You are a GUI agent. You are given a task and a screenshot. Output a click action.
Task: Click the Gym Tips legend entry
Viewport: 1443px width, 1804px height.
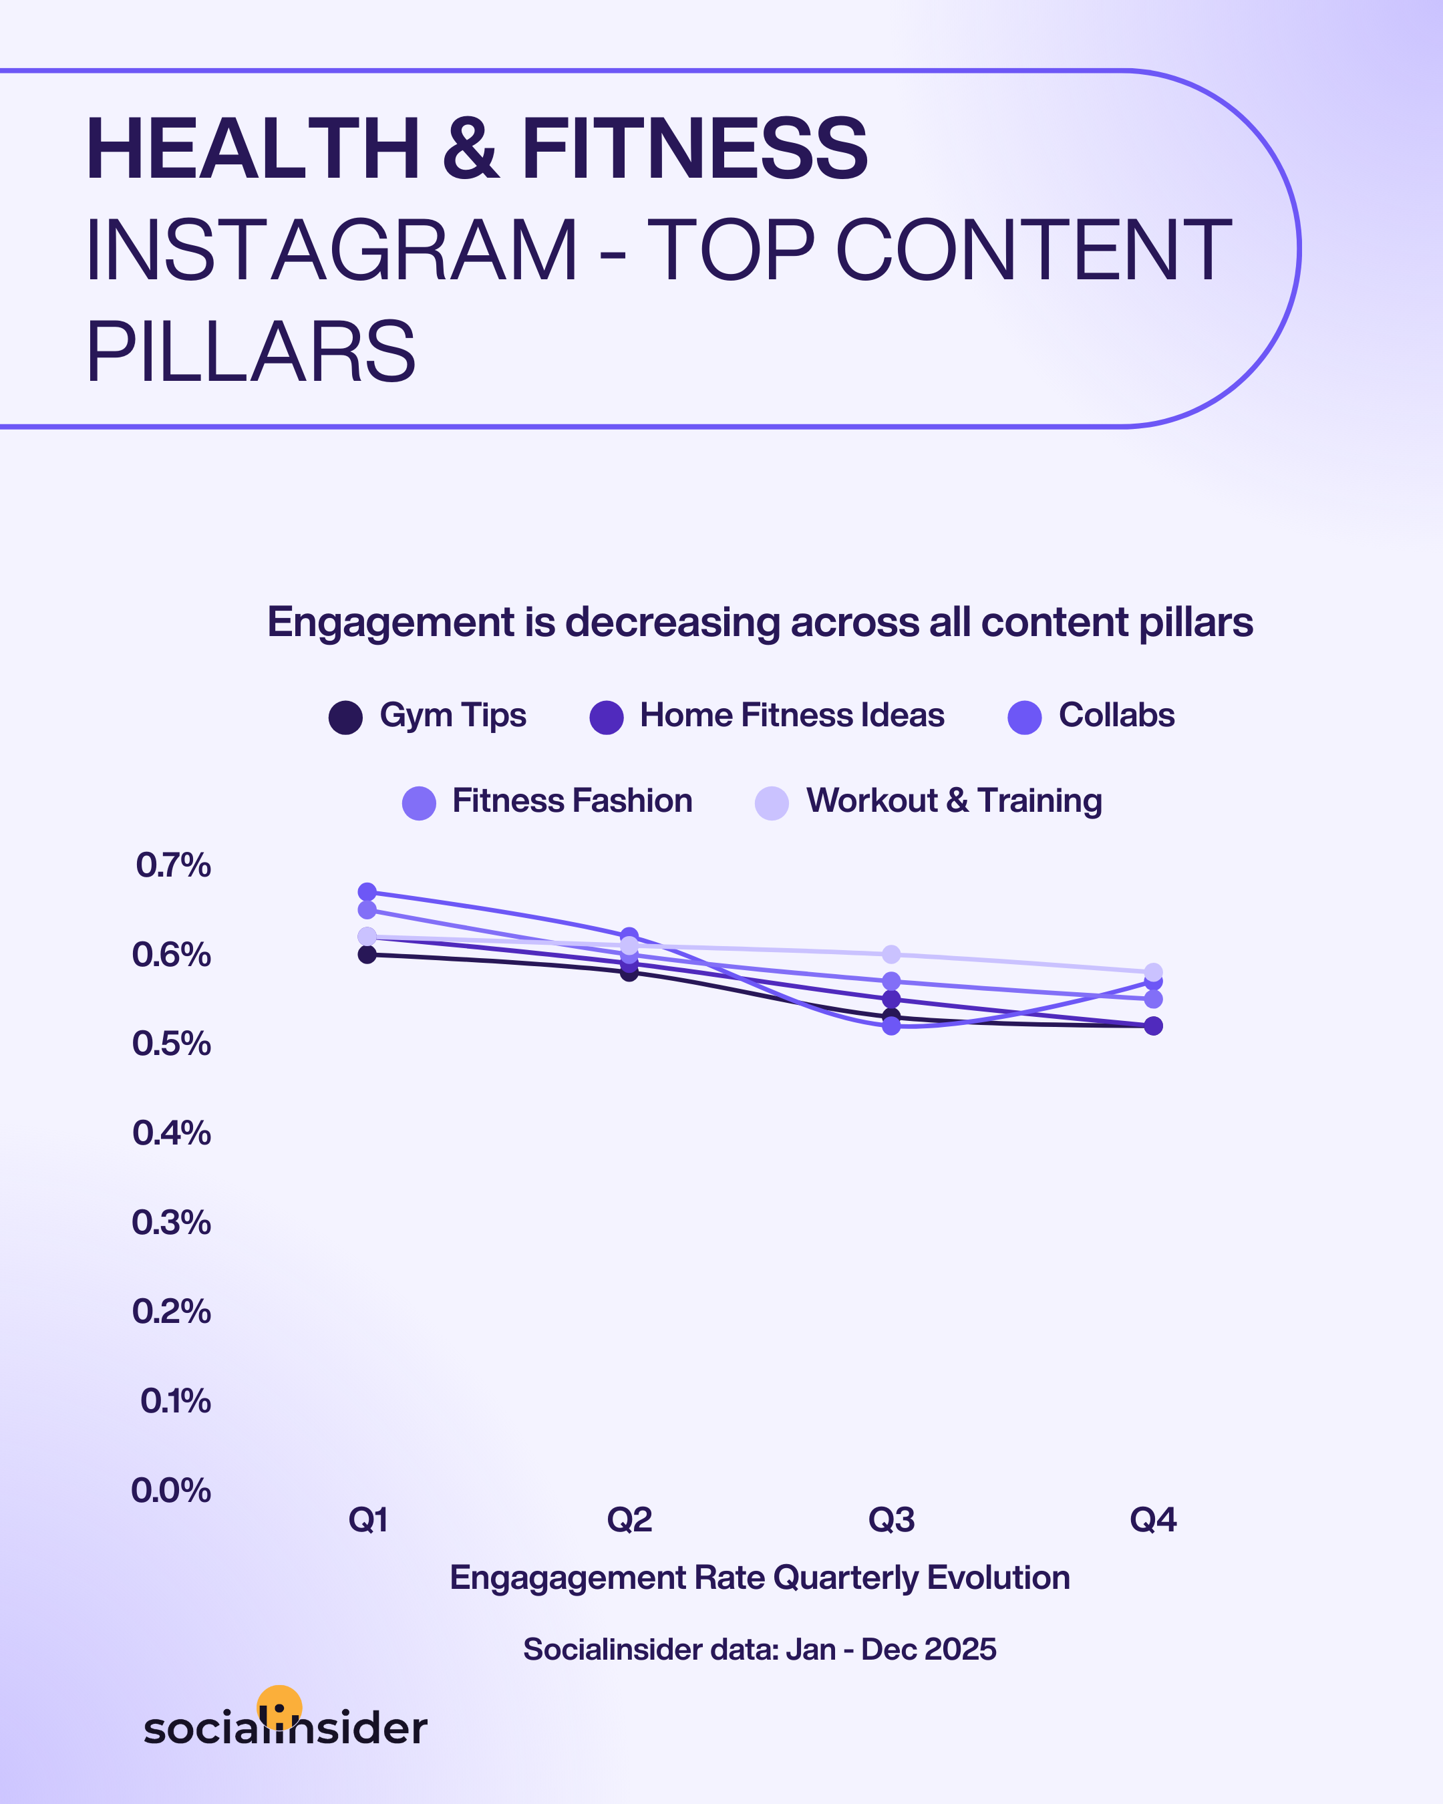428,716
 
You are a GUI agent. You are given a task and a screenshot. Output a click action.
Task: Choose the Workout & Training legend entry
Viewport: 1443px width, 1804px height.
929,802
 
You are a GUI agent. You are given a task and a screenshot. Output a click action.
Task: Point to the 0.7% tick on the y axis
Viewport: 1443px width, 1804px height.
173,865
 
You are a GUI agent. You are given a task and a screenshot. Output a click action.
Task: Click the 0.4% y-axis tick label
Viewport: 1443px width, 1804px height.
172,1133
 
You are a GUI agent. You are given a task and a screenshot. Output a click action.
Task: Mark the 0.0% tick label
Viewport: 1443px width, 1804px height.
170,1490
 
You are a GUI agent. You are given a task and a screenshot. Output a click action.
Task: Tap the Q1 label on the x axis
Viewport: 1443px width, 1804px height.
368,1519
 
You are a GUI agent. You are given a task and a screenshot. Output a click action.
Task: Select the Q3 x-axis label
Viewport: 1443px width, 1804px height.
892,1519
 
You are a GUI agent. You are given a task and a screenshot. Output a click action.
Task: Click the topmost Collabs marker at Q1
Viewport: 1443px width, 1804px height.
367,892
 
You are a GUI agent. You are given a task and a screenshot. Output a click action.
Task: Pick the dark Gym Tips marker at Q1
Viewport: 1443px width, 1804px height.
367,954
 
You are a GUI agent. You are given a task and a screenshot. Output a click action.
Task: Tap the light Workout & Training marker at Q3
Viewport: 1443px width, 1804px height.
892,954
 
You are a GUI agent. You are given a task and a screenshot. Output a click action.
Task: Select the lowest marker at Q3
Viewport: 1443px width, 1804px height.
892,1026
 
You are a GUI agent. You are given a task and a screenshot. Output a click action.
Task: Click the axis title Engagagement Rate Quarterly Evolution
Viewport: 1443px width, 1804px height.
760,1578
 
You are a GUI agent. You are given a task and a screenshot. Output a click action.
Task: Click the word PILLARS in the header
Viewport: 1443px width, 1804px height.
251,351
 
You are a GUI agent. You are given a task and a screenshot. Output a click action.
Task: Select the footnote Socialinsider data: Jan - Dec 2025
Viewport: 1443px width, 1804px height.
760,1649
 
